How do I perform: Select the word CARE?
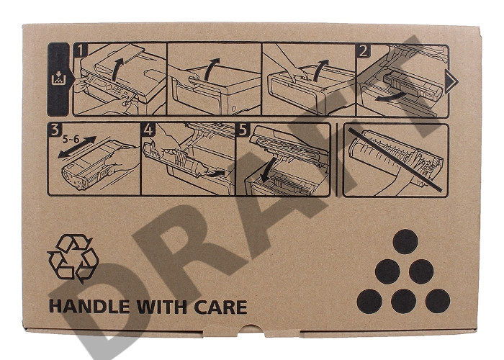coord(220,307)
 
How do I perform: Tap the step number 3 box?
coord(55,129)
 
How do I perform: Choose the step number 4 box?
coord(148,129)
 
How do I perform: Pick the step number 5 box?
coord(243,129)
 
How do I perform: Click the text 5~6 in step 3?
coord(71,140)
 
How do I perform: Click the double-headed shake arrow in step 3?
coord(77,147)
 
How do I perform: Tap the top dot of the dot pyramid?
coord(405,242)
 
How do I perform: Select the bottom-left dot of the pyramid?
coord(369,301)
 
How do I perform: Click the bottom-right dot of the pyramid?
coord(438,301)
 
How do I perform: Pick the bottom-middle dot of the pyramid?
coord(404,301)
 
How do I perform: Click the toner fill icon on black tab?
coord(58,78)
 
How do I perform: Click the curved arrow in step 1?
coord(117,69)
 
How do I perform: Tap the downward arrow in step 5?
coord(267,170)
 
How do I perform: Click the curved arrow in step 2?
coord(390,96)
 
